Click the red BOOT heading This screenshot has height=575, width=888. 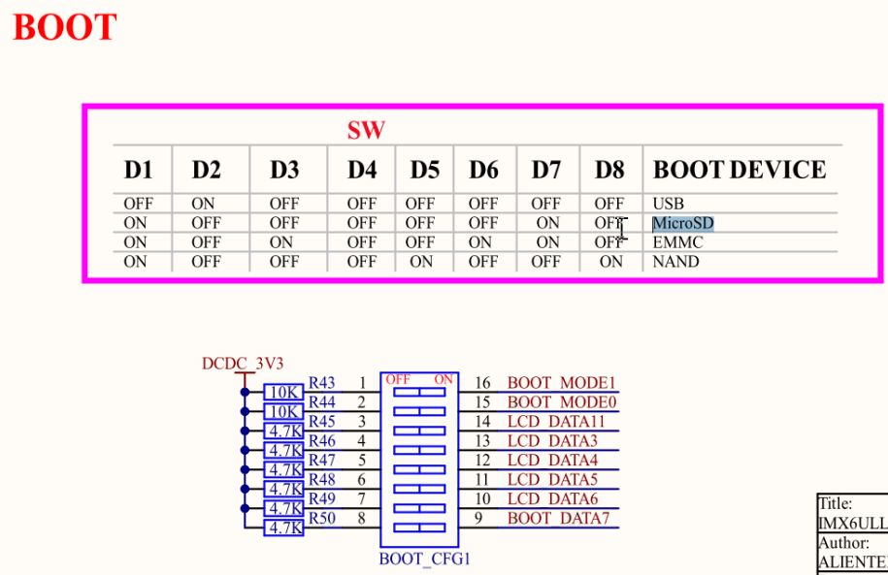pyautogui.click(x=65, y=27)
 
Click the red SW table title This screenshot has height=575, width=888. pyautogui.click(x=366, y=130)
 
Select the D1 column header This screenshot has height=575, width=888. pyautogui.click(x=139, y=171)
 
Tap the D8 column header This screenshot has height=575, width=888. pyautogui.click(x=609, y=171)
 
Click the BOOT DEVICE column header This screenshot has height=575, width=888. pyautogui.click(x=740, y=171)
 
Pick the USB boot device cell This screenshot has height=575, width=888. pyautogui.click(x=669, y=204)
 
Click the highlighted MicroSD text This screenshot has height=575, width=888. pyautogui.click(x=684, y=223)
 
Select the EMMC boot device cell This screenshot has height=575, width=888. pyautogui.click(x=677, y=242)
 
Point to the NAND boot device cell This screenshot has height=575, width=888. pyautogui.click(x=675, y=262)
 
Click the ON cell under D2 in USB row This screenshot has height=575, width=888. pyautogui.click(x=204, y=204)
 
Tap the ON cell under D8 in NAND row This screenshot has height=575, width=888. pyautogui.click(x=611, y=262)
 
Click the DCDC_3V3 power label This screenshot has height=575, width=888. pyautogui.click(x=243, y=364)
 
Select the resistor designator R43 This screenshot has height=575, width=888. pyautogui.click(x=321, y=384)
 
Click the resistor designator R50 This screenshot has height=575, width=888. pyautogui.click(x=321, y=519)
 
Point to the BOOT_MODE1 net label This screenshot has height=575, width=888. pyautogui.click(x=562, y=384)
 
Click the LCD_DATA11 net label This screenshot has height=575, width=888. pyautogui.click(x=556, y=422)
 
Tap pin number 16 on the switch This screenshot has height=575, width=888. pyautogui.click(x=482, y=384)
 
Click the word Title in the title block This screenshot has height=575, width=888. pyautogui.click(x=835, y=503)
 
